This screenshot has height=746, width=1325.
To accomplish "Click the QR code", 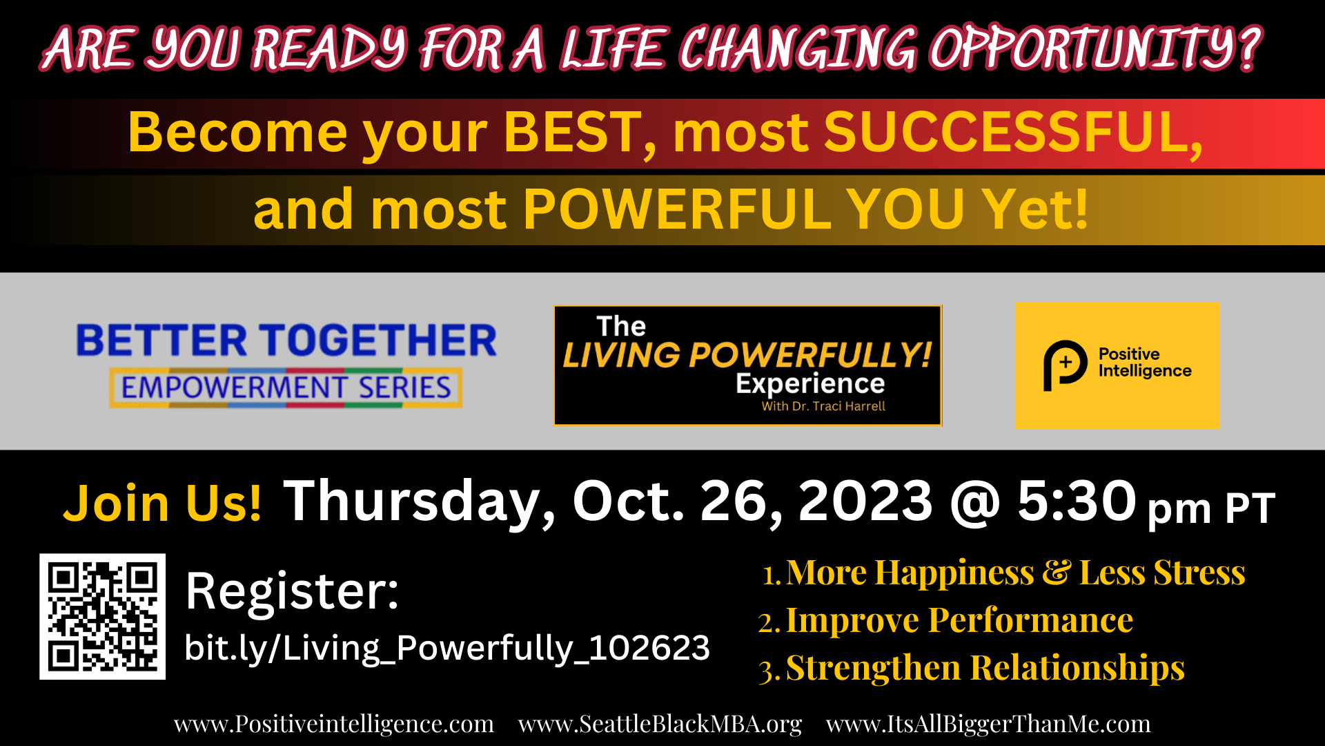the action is (x=102, y=616).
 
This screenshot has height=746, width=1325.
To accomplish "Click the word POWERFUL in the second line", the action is (x=676, y=209).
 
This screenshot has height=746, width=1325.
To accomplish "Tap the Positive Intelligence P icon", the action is (x=1065, y=365).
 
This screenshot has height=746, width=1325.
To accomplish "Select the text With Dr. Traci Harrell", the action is (x=823, y=406).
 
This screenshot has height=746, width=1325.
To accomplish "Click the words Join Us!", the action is (x=162, y=502).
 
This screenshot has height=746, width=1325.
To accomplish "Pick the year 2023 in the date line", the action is (x=865, y=501).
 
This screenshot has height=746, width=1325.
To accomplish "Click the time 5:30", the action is (x=1077, y=501).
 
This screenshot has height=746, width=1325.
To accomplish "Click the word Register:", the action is (x=293, y=591).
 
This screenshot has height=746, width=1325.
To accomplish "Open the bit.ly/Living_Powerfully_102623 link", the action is (x=447, y=648).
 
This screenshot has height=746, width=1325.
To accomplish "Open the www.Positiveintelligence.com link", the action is (x=334, y=724).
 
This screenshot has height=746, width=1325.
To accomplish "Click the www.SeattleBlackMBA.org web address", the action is (x=660, y=724).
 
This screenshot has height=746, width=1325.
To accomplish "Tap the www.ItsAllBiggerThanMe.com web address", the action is (x=988, y=724).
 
